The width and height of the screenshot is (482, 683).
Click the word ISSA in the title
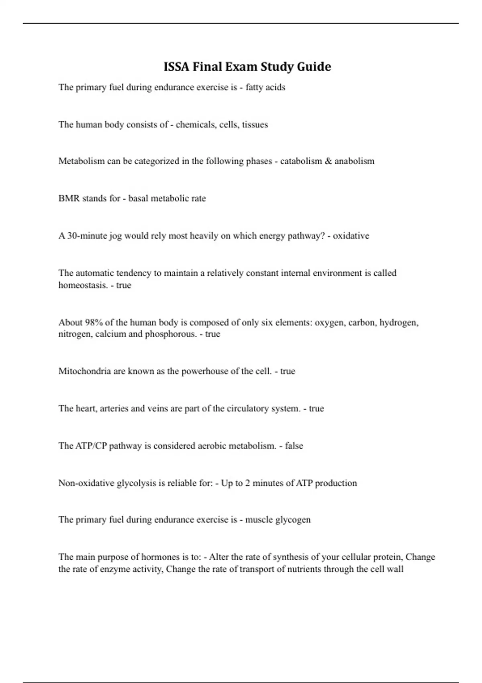tap(176, 67)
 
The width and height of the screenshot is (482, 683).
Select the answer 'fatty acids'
tap(265, 87)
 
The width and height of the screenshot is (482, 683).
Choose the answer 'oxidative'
tap(351, 236)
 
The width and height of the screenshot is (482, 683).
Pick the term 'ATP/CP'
tap(91, 446)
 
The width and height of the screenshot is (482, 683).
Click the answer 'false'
tap(294, 446)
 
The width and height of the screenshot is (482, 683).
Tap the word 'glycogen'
tap(294, 520)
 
